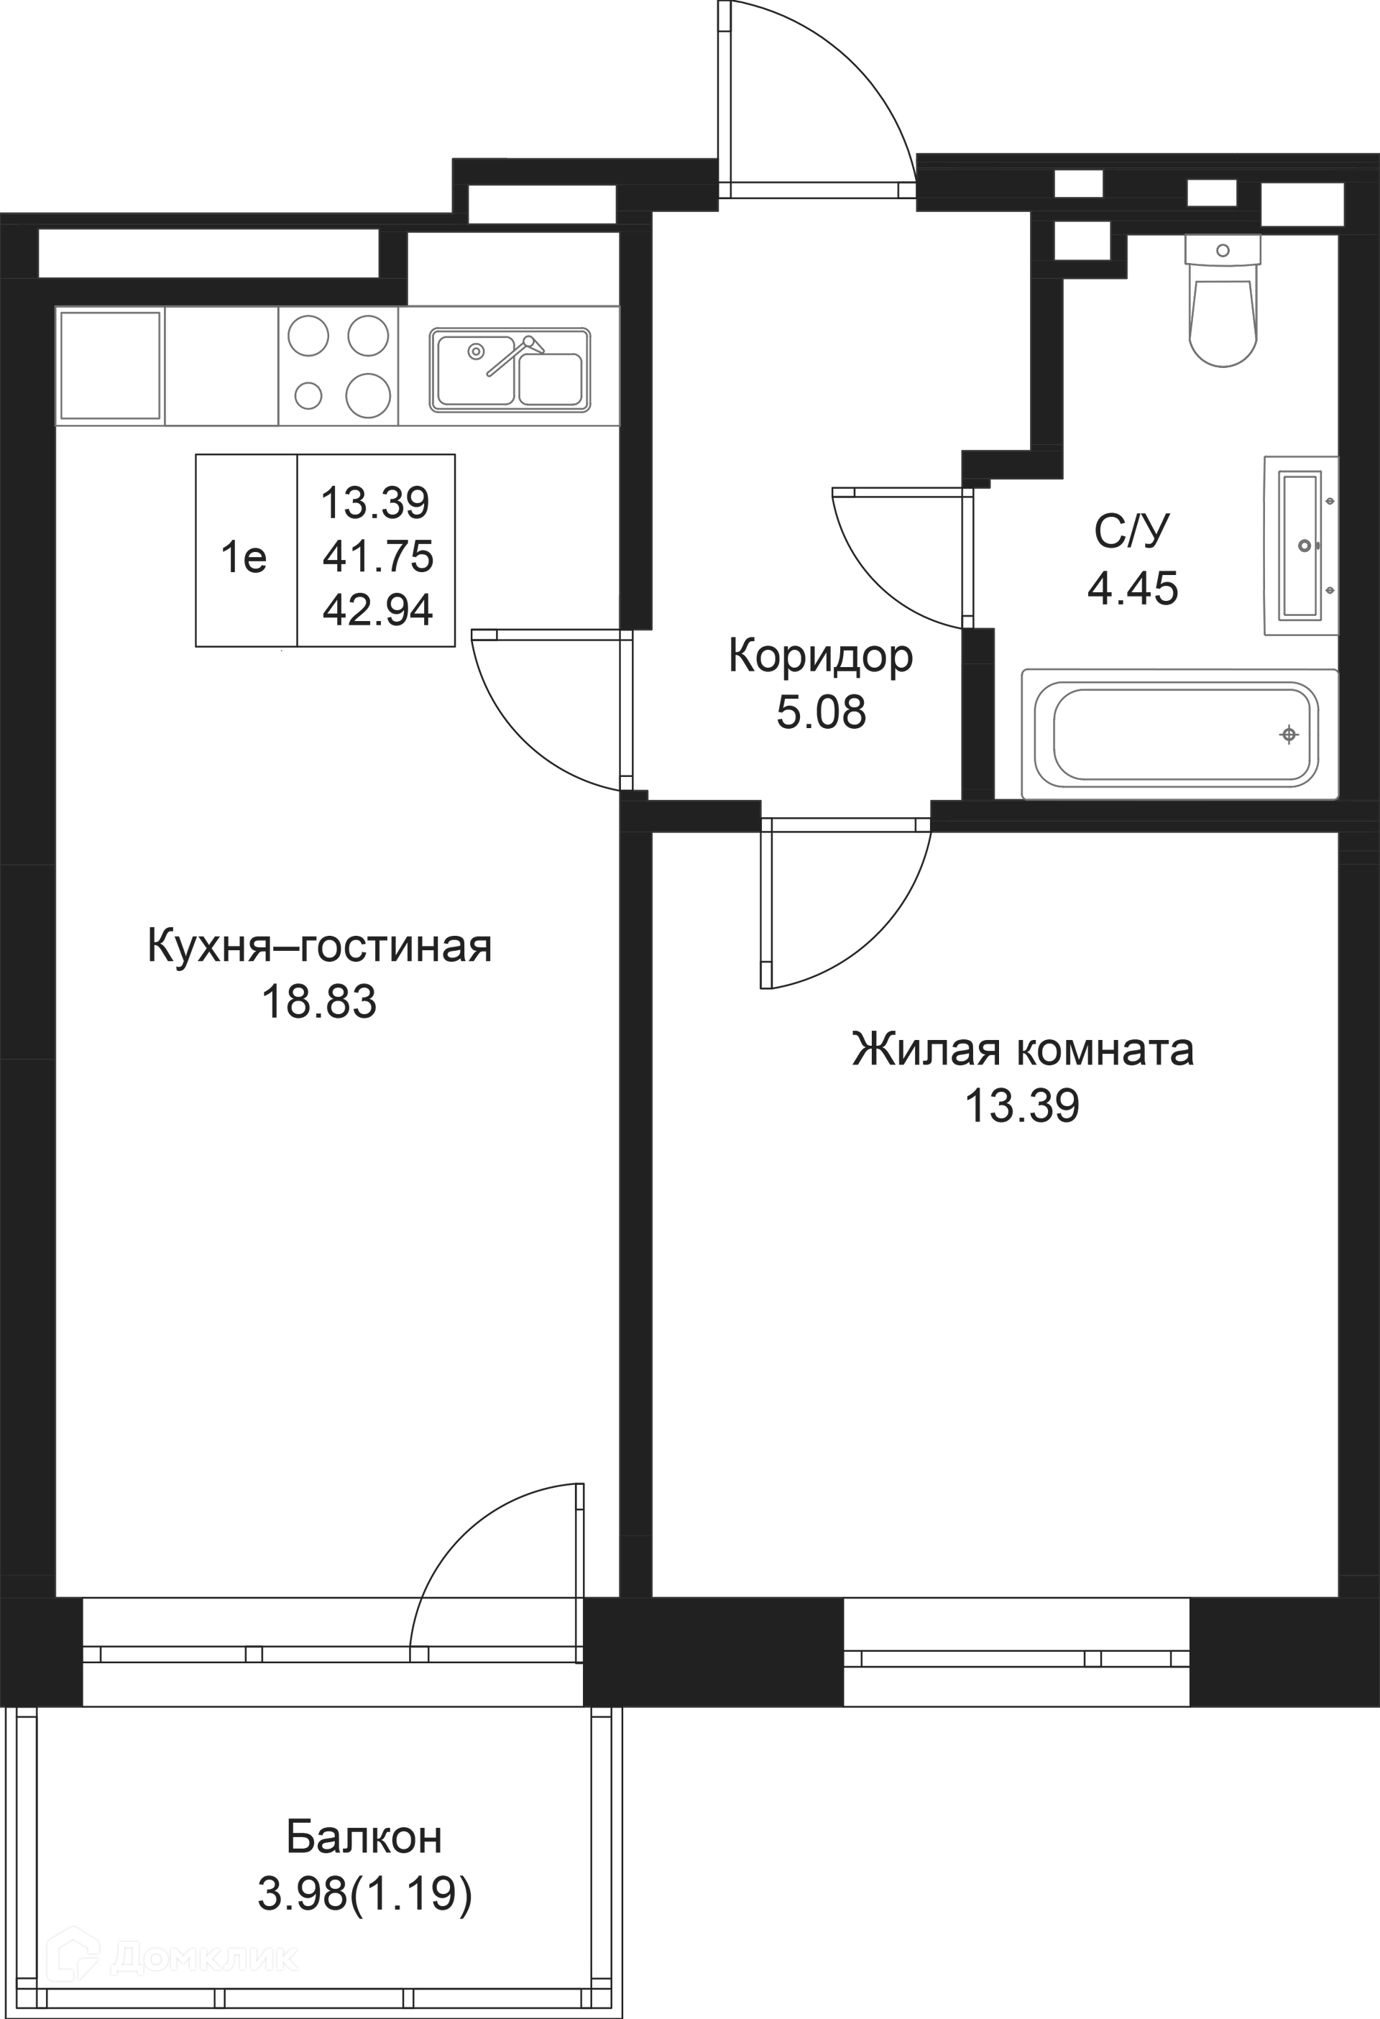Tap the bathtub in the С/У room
click(1180, 733)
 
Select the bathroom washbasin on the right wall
click(1301, 546)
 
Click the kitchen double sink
click(510, 369)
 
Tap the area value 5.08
click(822, 712)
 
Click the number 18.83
click(320, 1002)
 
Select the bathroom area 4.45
click(1133, 588)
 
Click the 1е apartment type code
click(244, 556)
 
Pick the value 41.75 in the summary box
click(378, 556)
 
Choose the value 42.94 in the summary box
click(378, 610)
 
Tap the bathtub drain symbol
click(1289, 735)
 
